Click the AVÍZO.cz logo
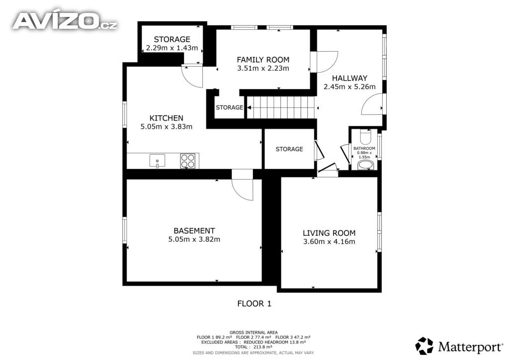pyautogui.click(x=65, y=21)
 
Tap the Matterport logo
pyautogui.click(x=459, y=347)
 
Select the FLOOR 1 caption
pyautogui.click(x=254, y=303)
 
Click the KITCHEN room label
pyautogui.click(x=166, y=118)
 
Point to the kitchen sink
pyautogui.click(x=157, y=161)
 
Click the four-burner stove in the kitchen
pyautogui.click(x=188, y=161)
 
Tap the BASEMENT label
pyautogui.click(x=194, y=231)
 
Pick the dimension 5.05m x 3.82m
pyautogui.click(x=194, y=239)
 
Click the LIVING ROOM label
pyautogui.click(x=329, y=233)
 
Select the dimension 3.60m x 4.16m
pyautogui.click(x=329, y=242)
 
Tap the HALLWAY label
pyautogui.click(x=349, y=78)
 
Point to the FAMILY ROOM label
pyautogui.click(x=263, y=60)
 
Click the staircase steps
pyautogui.click(x=281, y=107)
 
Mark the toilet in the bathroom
pyautogui.click(x=365, y=137)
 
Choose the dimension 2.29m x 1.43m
pyautogui.click(x=172, y=48)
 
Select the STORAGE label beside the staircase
pyautogui.click(x=230, y=107)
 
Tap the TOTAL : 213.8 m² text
pyautogui.click(x=254, y=347)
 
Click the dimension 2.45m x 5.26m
pyautogui.click(x=349, y=87)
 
